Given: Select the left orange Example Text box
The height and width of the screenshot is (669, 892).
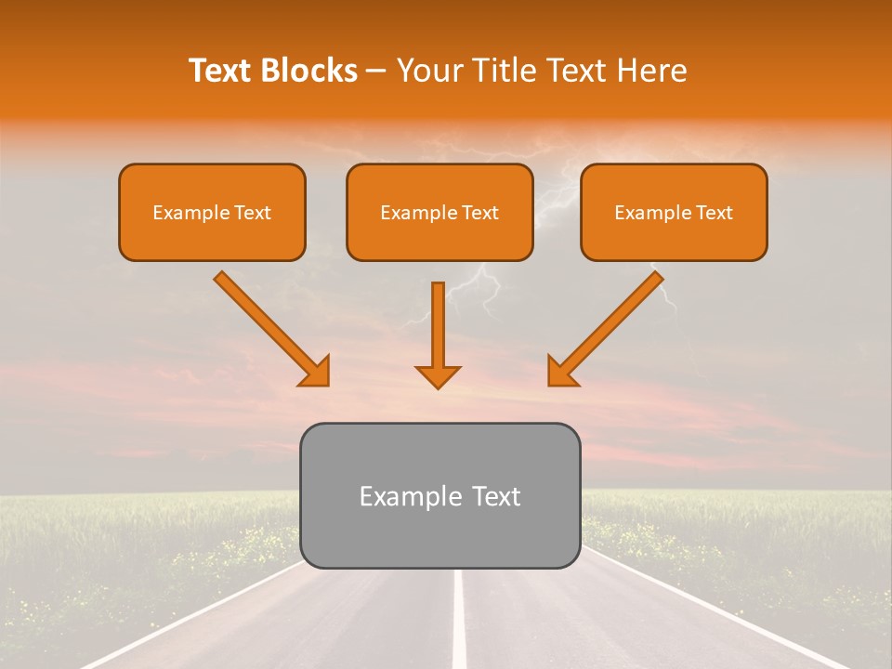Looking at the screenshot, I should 212,213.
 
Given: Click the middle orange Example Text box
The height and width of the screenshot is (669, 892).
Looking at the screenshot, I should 439,213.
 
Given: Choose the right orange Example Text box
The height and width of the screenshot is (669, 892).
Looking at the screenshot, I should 674,213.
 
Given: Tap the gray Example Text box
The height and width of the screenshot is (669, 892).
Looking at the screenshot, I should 439,495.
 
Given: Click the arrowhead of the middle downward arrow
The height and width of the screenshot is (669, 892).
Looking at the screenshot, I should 438,375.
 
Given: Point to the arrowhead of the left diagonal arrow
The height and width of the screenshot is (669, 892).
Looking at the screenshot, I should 315,371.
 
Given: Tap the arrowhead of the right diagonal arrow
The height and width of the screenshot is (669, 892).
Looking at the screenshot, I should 561,371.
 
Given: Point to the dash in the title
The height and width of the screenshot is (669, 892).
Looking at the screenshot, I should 377,72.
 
